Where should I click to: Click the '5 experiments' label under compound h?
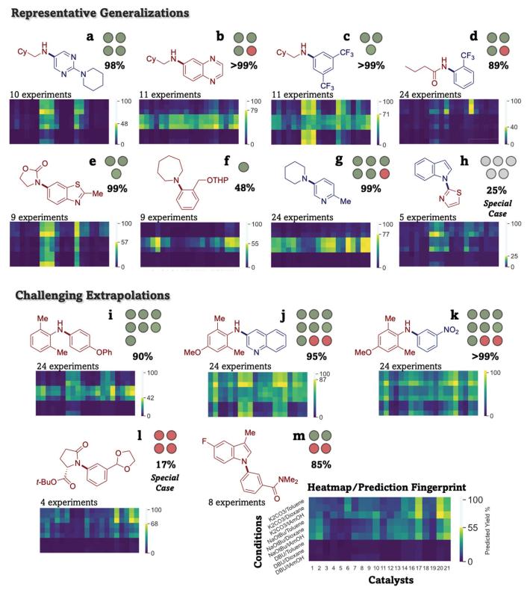429,218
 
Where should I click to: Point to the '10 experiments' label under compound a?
37,96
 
